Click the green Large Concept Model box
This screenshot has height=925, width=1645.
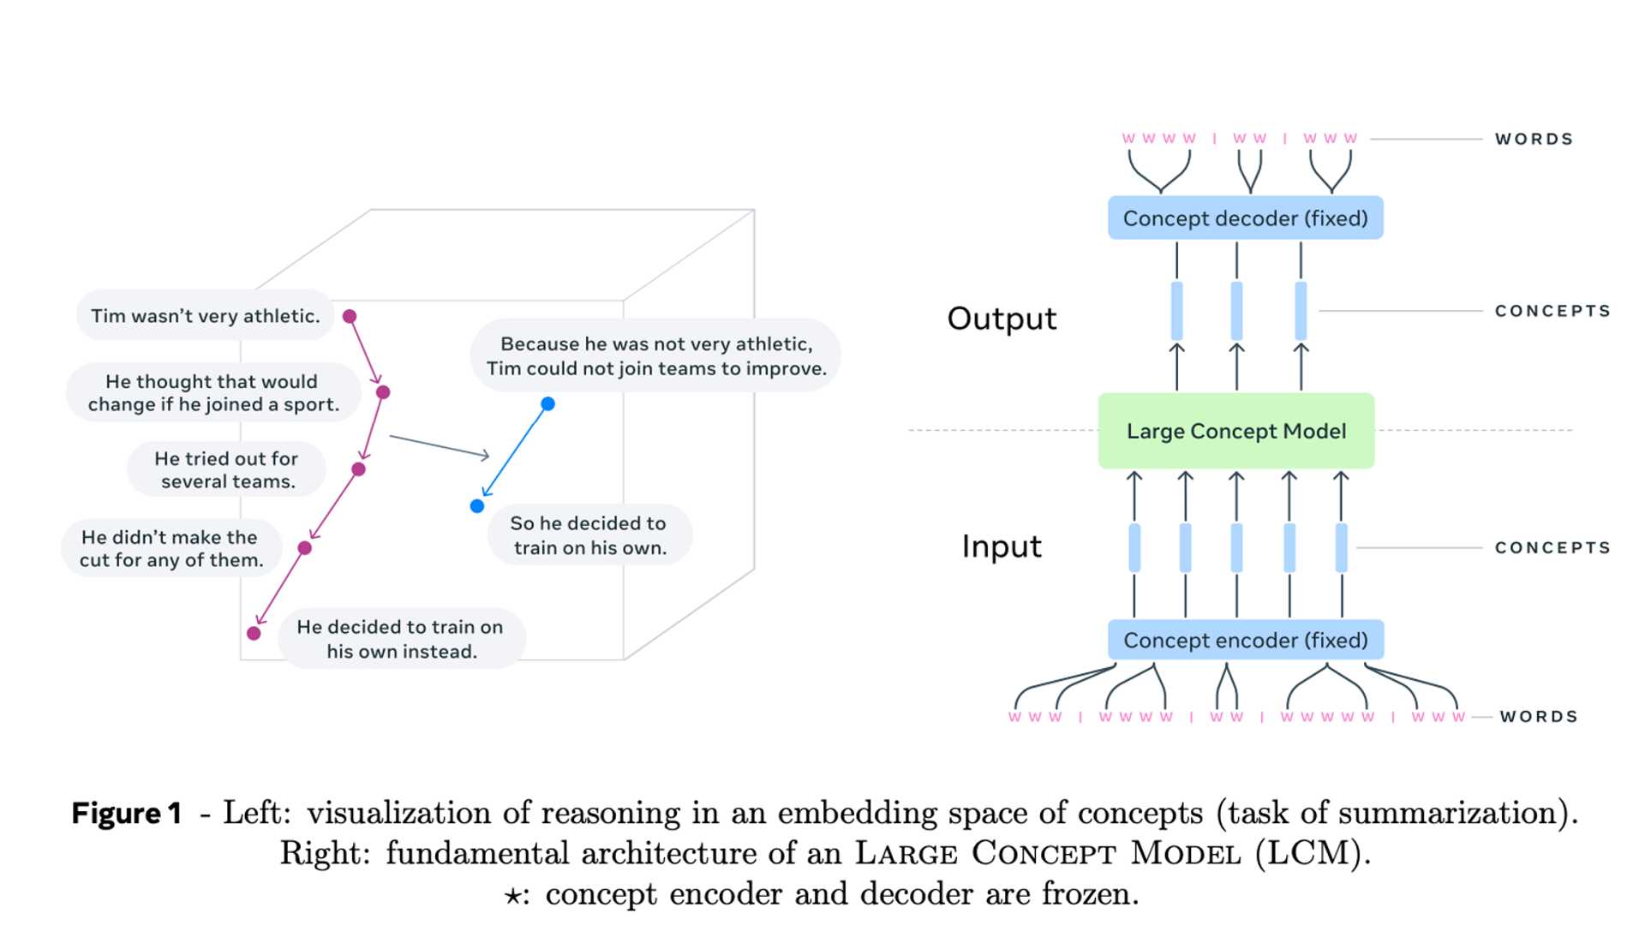click(x=1235, y=431)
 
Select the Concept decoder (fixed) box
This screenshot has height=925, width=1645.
click(x=1245, y=218)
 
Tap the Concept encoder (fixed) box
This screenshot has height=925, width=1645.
click(x=1245, y=640)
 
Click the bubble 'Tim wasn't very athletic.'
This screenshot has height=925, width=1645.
click(x=205, y=316)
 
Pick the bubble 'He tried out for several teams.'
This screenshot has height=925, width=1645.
click(x=226, y=469)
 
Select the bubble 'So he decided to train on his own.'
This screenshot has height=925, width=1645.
click(x=589, y=534)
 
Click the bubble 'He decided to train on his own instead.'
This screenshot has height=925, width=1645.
click(x=400, y=638)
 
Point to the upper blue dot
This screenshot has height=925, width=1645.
click(x=547, y=403)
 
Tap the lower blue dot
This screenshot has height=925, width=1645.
click(x=477, y=506)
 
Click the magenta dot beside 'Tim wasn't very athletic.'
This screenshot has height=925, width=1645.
click(x=350, y=316)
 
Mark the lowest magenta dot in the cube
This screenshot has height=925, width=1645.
click(x=254, y=633)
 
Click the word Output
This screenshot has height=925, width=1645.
click(x=1002, y=319)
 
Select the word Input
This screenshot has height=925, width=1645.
click(x=1001, y=546)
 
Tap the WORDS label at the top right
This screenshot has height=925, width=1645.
click(x=1534, y=139)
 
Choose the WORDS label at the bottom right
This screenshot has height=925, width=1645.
click(x=1539, y=716)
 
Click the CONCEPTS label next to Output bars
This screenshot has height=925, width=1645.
click(x=1552, y=311)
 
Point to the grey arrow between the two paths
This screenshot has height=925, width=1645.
click(x=440, y=447)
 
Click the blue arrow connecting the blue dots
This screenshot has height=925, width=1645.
click(x=514, y=452)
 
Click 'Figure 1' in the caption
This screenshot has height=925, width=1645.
click(x=127, y=813)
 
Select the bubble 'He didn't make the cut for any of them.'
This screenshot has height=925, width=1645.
click(x=170, y=548)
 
